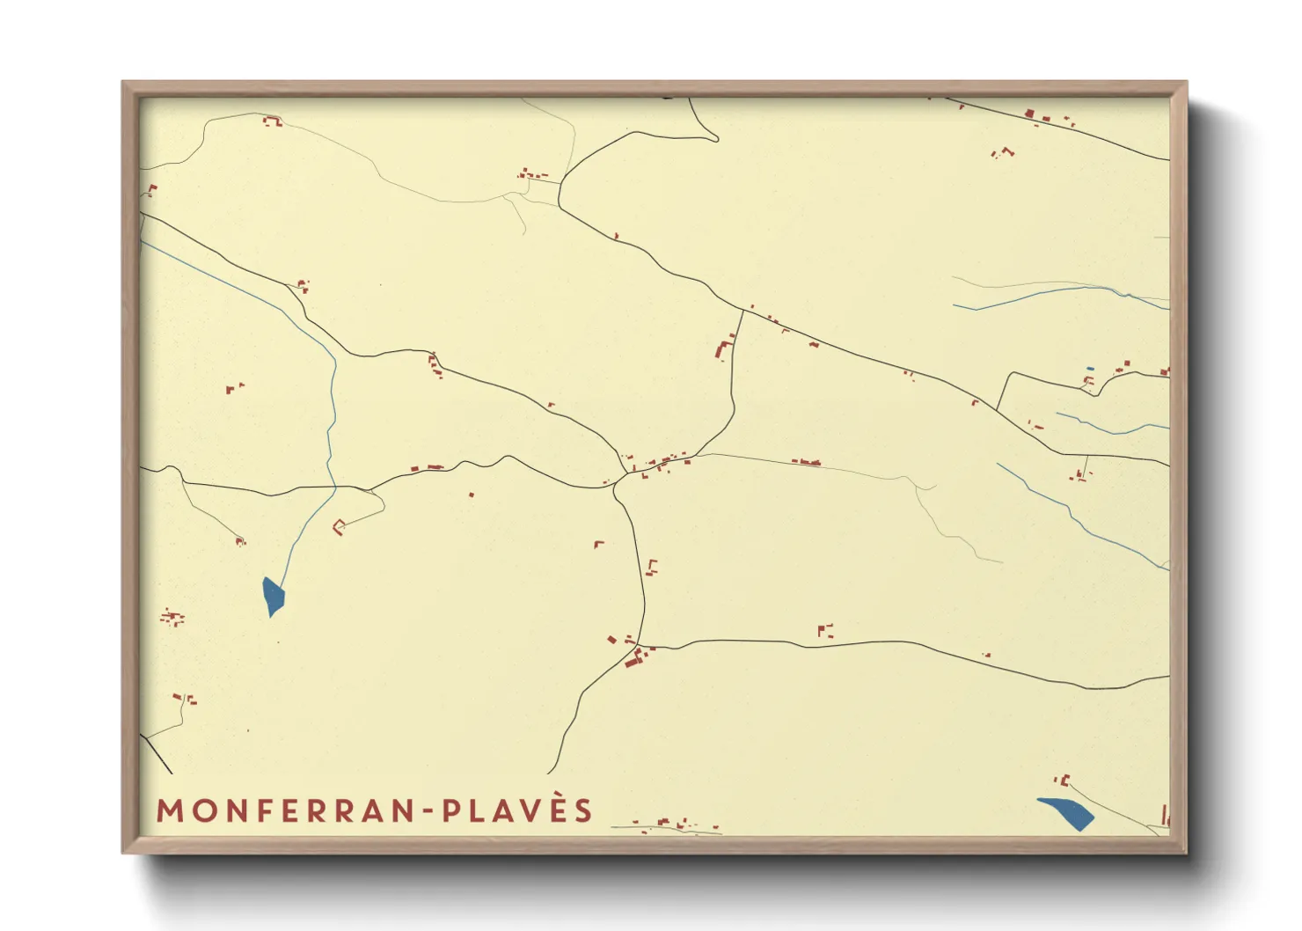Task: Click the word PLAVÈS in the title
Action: (x=517, y=810)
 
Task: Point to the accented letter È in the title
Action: (x=560, y=809)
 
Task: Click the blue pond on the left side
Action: (x=274, y=596)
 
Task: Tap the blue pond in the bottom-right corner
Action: (x=1067, y=812)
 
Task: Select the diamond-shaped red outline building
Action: (x=339, y=526)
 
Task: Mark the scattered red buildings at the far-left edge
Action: (x=172, y=618)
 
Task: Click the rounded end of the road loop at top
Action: (x=714, y=136)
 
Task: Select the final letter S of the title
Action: (x=585, y=810)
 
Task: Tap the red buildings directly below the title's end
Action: (x=669, y=825)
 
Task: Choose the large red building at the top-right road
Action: (x=1030, y=114)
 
